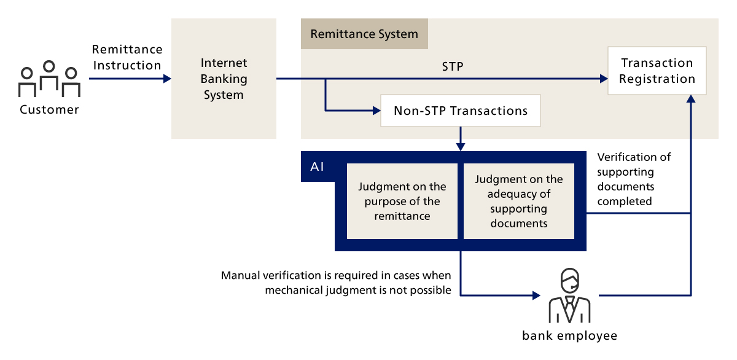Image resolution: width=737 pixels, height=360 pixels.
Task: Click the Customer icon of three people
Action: (49, 79)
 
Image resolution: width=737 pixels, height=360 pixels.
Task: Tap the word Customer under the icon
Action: (49, 110)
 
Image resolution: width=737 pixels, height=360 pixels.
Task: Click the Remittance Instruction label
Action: (127, 57)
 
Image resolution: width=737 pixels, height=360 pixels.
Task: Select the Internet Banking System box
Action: (224, 79)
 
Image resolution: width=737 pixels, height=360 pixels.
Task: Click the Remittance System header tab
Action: (364, 34)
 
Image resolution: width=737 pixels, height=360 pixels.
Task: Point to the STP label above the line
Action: (452, 66)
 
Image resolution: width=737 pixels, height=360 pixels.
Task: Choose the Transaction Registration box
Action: (657, 71)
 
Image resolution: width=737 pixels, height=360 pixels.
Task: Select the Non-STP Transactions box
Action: (461, 111)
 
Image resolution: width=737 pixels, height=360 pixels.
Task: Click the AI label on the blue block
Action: (318, 166)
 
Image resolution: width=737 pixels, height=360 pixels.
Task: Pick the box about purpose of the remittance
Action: (402, 201)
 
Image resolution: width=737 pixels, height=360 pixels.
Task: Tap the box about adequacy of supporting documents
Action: (519, 201)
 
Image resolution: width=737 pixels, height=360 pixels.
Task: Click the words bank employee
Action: (569, 335)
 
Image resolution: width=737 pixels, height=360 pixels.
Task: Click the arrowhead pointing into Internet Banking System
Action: (167, 79)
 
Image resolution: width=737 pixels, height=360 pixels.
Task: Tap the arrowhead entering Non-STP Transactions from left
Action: (376, 111)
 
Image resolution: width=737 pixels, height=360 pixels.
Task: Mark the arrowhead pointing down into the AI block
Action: (461, 147)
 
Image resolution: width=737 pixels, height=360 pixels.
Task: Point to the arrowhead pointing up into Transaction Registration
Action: (692, 99)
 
